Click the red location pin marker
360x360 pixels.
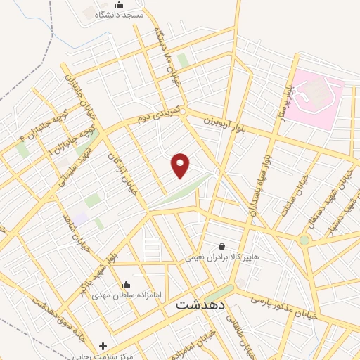point(181,165)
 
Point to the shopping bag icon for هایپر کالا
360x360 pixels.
point(222,246)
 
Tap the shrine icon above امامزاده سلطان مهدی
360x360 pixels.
point(126,284)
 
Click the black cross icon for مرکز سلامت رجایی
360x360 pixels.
point(103,346)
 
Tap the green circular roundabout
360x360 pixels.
point(304,240)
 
